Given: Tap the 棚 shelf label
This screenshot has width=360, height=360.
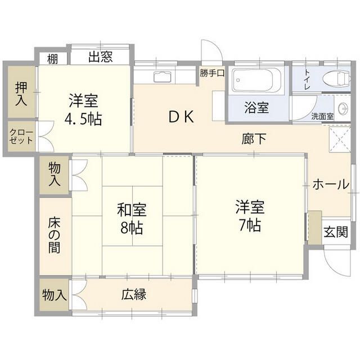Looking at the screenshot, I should pos(52,57).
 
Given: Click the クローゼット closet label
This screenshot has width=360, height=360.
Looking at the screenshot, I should pos(21,136).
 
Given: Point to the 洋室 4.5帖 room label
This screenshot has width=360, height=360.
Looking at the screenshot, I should pos(84,110).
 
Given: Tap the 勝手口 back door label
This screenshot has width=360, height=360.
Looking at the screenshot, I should pos(212,73).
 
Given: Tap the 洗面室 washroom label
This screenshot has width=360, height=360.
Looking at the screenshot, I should pos(322,116).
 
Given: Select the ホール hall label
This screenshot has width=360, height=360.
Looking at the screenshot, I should pos(330,184).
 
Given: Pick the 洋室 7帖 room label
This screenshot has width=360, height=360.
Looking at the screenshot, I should pos(248,216).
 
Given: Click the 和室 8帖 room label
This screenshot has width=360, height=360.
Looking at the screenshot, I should pos(131,220).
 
